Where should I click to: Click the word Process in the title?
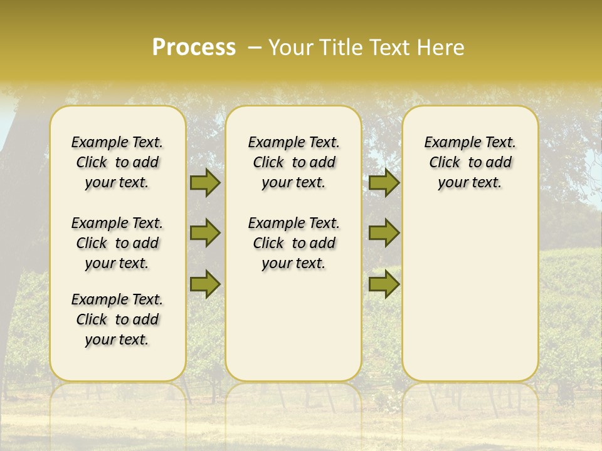(194, 48)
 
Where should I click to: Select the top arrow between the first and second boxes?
(205, 182)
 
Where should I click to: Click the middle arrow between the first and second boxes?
(205, 233)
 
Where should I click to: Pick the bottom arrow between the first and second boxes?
(205, 284)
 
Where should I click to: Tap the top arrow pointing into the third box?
(384, 182)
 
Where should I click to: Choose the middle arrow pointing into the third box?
(384, 233)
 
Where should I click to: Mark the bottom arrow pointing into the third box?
(384, 284)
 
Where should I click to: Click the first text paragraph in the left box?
(117, 162)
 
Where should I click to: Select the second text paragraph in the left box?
(117, 243)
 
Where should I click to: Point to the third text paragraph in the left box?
(117, 319)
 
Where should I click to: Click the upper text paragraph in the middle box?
(293, 162)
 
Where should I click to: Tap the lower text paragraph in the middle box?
(293, 243)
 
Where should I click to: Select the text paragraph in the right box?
(470, 162)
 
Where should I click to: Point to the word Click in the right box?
(445, 163)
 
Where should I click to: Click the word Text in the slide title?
(389, 48)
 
